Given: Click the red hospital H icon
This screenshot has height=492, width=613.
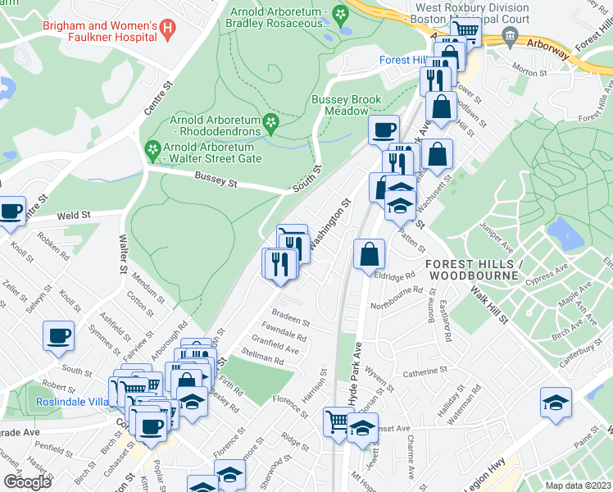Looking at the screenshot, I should [x=168, y=31].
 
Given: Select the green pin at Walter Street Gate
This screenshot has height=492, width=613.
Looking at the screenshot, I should [x=151, y=150].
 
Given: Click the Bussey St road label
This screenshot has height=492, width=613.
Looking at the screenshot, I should [x=216, y=180].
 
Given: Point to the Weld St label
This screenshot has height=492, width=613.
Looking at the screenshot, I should [x=73, y=216].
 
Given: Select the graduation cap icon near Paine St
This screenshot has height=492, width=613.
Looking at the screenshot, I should [x=555, y=402].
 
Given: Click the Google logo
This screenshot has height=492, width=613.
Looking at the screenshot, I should [x=27, y=482].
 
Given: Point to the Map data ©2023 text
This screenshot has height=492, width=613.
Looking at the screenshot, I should [x=578, y=485].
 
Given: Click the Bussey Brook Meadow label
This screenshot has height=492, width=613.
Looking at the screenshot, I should [x=346, y=105].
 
